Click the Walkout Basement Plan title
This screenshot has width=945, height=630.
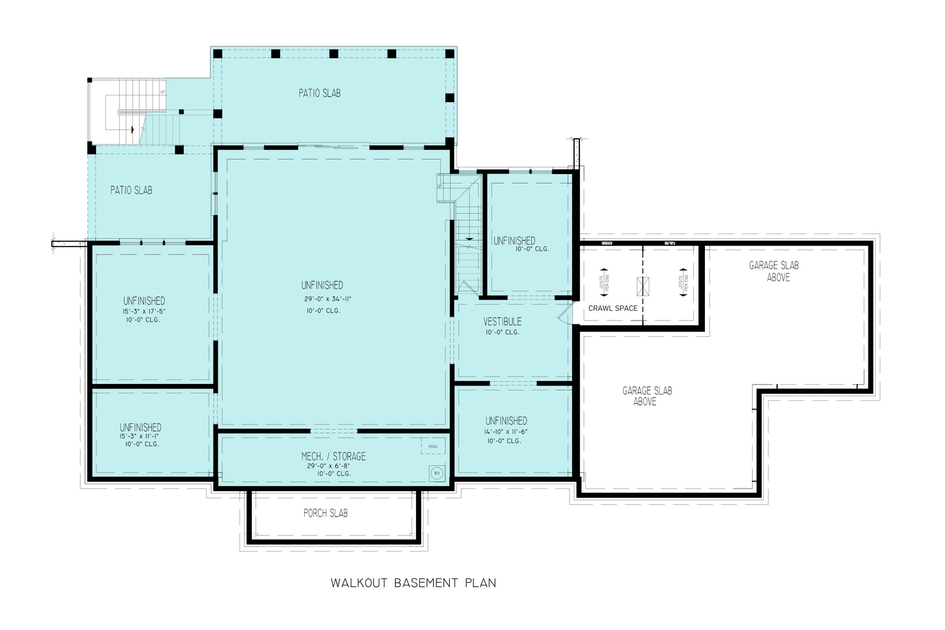(x=413, y=583)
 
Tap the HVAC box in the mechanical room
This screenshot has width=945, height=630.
(x=433, y=447)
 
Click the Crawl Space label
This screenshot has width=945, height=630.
(x=613, y=308)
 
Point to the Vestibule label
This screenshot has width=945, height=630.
(x=502, y=322)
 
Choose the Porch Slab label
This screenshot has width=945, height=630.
(x=326, y=514)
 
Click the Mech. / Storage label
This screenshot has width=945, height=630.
(x=333, y=457)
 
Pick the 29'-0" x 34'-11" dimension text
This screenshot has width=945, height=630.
(x=329, y=299)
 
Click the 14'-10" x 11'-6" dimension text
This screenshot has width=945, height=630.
(x=506, y=432)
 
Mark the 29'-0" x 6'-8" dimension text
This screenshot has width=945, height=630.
(x=334, y=466)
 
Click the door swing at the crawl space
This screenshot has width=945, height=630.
(x=564, y=315)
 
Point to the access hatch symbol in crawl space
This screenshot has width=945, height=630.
(x=643, y=285)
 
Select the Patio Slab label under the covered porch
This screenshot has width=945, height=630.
(x=320, y=93)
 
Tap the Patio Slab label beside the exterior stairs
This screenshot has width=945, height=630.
(x=131, y=190)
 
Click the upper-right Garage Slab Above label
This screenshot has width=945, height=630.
(x=774, y=271)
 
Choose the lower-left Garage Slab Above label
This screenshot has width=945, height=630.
(x=647, y=396)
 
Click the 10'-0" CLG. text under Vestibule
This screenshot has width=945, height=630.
(x=502, y=332)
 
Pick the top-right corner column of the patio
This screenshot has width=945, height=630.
(x=449, y=54)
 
